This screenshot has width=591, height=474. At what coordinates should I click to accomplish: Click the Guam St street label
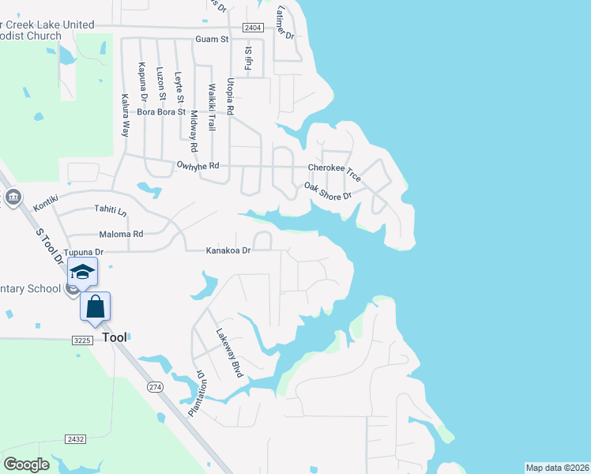pos(212,39)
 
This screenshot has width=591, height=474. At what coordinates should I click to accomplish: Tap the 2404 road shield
pos(253,28)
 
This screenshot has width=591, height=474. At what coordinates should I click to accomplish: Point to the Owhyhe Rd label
pos(198,166)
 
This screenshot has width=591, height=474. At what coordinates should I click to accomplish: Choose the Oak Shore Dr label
pos(327,190)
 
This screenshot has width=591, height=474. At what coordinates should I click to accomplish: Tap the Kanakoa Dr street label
pos(228,250)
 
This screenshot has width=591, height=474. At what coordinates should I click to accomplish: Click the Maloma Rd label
pos(121,234)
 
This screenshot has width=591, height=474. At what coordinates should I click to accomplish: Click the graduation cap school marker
pos(82,273)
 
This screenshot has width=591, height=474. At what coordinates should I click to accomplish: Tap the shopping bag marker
pos(95,307)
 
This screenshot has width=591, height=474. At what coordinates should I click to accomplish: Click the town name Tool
pos(114,337)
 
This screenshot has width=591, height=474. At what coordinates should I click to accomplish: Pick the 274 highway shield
pos(154,386)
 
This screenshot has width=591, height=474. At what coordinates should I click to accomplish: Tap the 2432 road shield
pos(76,438)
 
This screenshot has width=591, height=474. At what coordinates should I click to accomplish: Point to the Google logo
pos(27,464)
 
